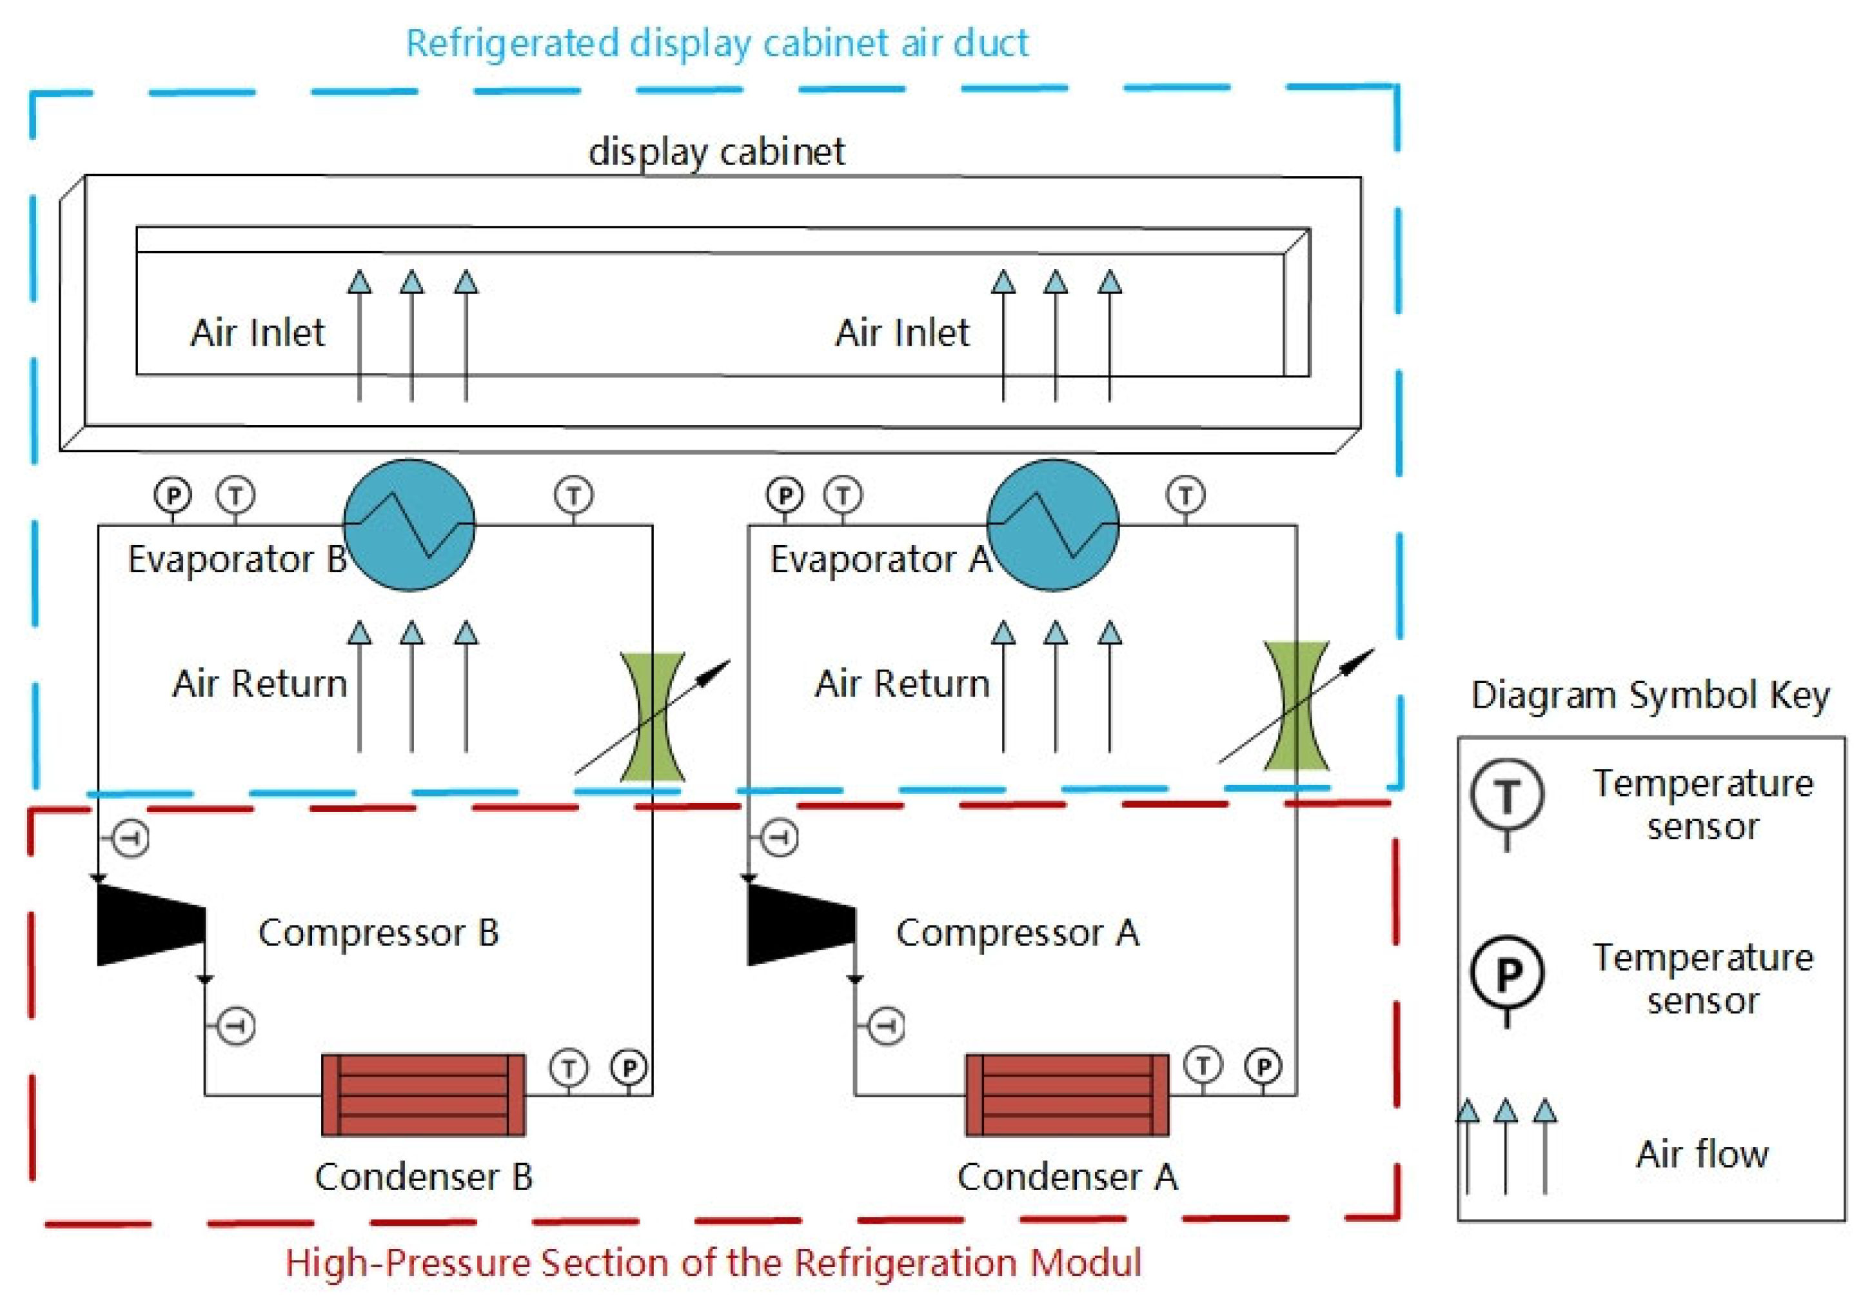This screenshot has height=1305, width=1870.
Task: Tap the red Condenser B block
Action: (x=423, y=1095)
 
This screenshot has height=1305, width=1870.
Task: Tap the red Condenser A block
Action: (x=1066, y=1095)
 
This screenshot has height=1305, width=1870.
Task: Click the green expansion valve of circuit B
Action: (x=653, y=717)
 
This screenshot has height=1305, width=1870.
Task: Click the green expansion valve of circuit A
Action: (x=1296, y=706)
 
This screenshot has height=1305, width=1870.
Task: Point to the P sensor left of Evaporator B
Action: (x=173, y=495)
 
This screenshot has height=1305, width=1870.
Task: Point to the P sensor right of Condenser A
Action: (x=1263, y=1066)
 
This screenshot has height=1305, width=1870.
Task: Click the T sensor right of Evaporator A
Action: (x=1186, y=495)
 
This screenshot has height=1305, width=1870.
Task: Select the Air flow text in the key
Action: (x=1702, y=1154)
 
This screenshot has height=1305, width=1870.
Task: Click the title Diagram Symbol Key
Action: (x=1650, y=695)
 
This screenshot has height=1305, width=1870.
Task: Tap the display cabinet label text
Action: (x=716, y=152)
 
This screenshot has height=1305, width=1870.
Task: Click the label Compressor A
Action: (x=1018, y=933)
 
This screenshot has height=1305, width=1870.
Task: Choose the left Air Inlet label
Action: (x=257, y=332)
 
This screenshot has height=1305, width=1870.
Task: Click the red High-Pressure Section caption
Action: (x=713, y=1262)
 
